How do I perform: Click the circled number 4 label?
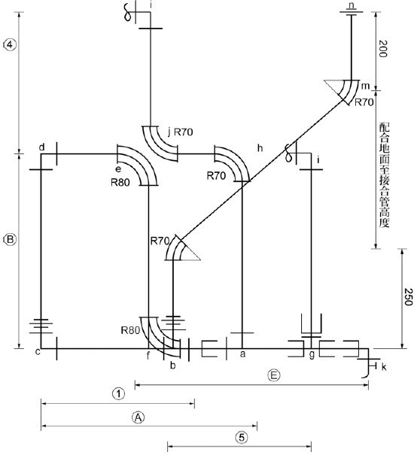tap(11, 45)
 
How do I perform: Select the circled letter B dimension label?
tap(11, 240)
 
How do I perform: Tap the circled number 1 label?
tap(118, 393)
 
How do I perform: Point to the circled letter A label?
tap(139, 417)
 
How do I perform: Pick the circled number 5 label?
tap(242, 437)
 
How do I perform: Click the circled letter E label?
tap(274, 375)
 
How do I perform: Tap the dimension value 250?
tap(408, 297)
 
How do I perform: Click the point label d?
tap(42, 147)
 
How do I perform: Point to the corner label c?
tap(38, 352)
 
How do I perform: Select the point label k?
tap(384, 367)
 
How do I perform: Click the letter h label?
tap(260, 148)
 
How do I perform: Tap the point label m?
tap(365, 86)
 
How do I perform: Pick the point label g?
tap(312, 354)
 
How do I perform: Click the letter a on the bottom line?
tap(242, 353)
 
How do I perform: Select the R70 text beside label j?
tap(184, 132)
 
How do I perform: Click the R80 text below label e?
tap(120, 182)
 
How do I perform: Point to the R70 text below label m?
tap(364, 102)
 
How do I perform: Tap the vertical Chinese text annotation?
tap(384, 175)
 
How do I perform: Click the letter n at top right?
tap(352, 5)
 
